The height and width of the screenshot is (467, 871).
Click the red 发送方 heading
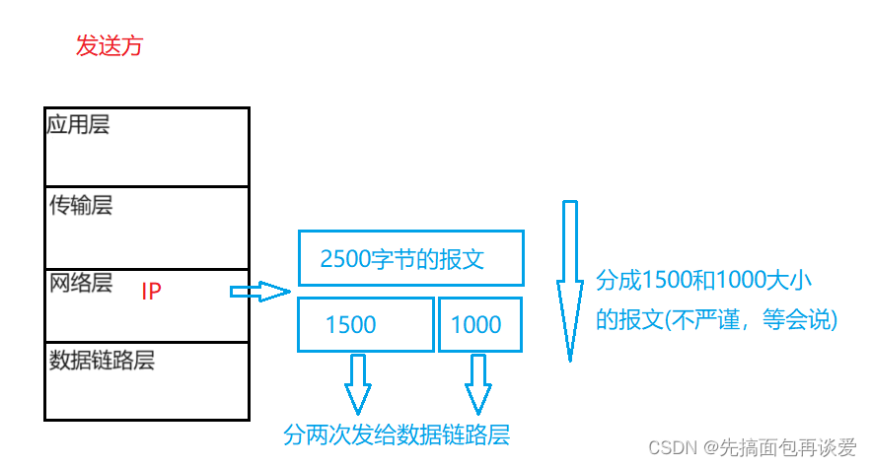coord(109,45)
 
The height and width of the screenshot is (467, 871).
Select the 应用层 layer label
coord(78,125)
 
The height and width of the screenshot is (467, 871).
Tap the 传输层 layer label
coord(81,205)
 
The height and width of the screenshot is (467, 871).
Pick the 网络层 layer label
coord(81,284)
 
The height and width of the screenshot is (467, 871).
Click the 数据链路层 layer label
coord(102,360)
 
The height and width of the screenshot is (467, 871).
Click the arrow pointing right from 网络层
coord(259,291)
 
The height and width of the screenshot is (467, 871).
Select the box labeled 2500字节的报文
coord(410,258)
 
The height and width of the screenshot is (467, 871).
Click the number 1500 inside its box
coord(350,324)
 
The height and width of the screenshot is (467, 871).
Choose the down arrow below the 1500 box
coord(357,383)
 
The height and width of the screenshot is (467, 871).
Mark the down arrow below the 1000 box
coord(479,383)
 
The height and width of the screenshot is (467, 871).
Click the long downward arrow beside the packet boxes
coord(570,281)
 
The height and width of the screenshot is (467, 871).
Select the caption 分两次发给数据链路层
coord(397,434)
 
